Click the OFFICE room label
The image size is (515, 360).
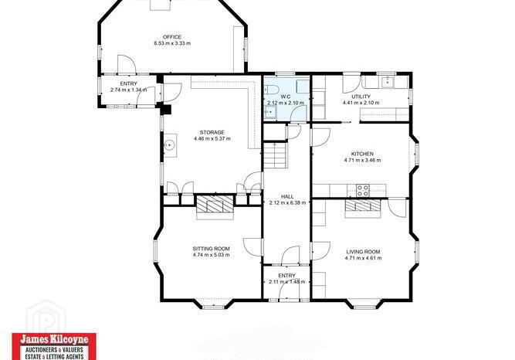tap(172, 37)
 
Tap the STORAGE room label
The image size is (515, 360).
tap(212, 132)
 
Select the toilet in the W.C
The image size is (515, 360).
tap(272, 90)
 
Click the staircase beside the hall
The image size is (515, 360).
tap(276, 155)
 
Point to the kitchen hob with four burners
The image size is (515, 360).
tap(363, 190)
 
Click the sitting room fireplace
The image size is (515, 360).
tap(215, 205)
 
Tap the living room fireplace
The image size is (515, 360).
tap(363, 207)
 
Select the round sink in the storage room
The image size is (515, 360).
tap(169, 144)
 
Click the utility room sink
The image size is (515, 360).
tap(388, 82)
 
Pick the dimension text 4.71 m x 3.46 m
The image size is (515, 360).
tap(362, 160)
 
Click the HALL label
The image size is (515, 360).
tap(287, 196)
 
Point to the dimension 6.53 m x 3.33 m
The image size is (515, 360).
tap(172, 43)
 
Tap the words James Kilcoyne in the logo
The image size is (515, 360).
tap(54, 339)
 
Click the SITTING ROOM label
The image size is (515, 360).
tap(212, 249)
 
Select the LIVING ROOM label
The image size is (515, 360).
tap(363, 252)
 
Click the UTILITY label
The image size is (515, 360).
tap(361, 97)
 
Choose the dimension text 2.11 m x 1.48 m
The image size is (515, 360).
tap(286, 282)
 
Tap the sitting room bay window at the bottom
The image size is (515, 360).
tap(213, 307)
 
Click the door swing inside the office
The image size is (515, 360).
tap(127, 64)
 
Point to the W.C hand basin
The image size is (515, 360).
tap(270, 113)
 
